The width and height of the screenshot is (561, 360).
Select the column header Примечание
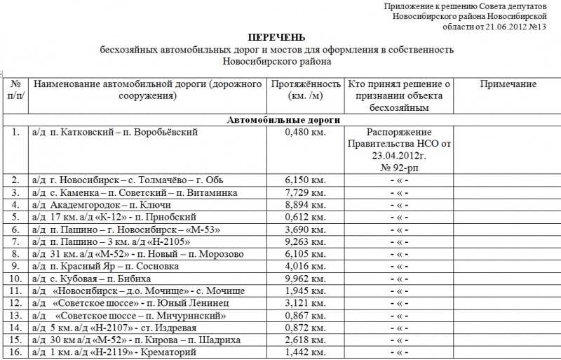(x=508, y=84)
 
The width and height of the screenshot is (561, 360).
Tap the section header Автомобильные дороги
(x=283, y=120)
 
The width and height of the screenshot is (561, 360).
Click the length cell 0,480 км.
(x=306, y=132)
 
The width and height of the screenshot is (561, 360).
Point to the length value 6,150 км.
(x=306, y=180)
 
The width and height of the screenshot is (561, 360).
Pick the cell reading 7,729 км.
(x=306, y=192)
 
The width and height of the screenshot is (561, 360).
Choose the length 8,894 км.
(x=306, y=204)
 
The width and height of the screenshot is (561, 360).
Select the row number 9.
(x=15, y=266)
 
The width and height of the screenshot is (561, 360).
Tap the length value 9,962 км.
(x=306, y=279)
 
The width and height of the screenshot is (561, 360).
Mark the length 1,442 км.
(x=306, y=352)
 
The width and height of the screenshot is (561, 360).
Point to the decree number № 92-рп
(x=400, y=168)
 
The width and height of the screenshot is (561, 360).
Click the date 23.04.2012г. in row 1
(x=400, y=156)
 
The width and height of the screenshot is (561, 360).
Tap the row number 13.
(x=15, y=315)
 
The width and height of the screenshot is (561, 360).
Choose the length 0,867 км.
(x=306, y=315)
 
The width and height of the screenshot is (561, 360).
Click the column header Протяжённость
(x=306, y=84)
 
